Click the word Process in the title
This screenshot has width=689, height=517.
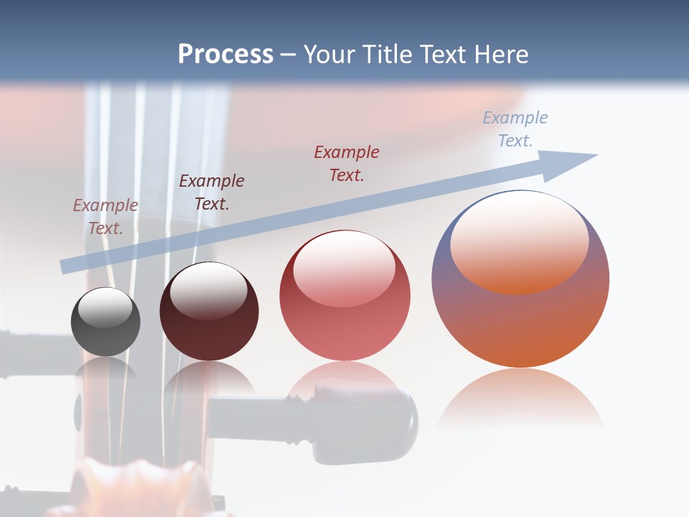click(225, 55)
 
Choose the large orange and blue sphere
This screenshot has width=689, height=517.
click(520, 316)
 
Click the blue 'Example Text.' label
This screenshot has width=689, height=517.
click(515, 129)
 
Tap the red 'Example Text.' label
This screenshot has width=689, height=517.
click(347, 163)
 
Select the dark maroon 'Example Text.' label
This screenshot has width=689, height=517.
click(212, 192)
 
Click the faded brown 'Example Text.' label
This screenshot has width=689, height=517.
click(106, 216)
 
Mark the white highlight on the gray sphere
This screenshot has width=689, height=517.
click(106, 307)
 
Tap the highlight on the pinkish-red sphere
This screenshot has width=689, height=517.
click(344, 269)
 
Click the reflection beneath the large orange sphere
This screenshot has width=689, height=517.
click(520, 399)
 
